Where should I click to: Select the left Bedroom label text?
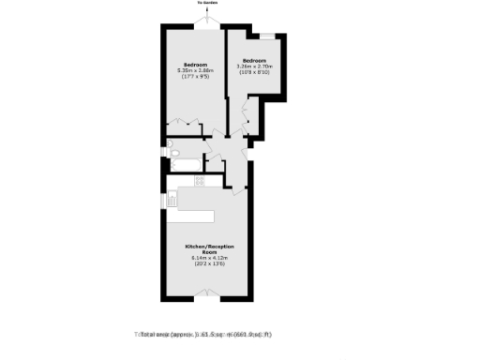tap(194, 64)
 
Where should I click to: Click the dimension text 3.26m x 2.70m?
tap(254, 66)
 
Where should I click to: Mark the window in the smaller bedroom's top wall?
tap(267, 36)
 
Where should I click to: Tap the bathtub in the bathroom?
tap(187, 166)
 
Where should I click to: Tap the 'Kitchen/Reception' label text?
tap(213, 248)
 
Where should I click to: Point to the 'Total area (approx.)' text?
tap(205, 334)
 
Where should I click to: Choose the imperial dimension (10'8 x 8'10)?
tap(254, 72)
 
